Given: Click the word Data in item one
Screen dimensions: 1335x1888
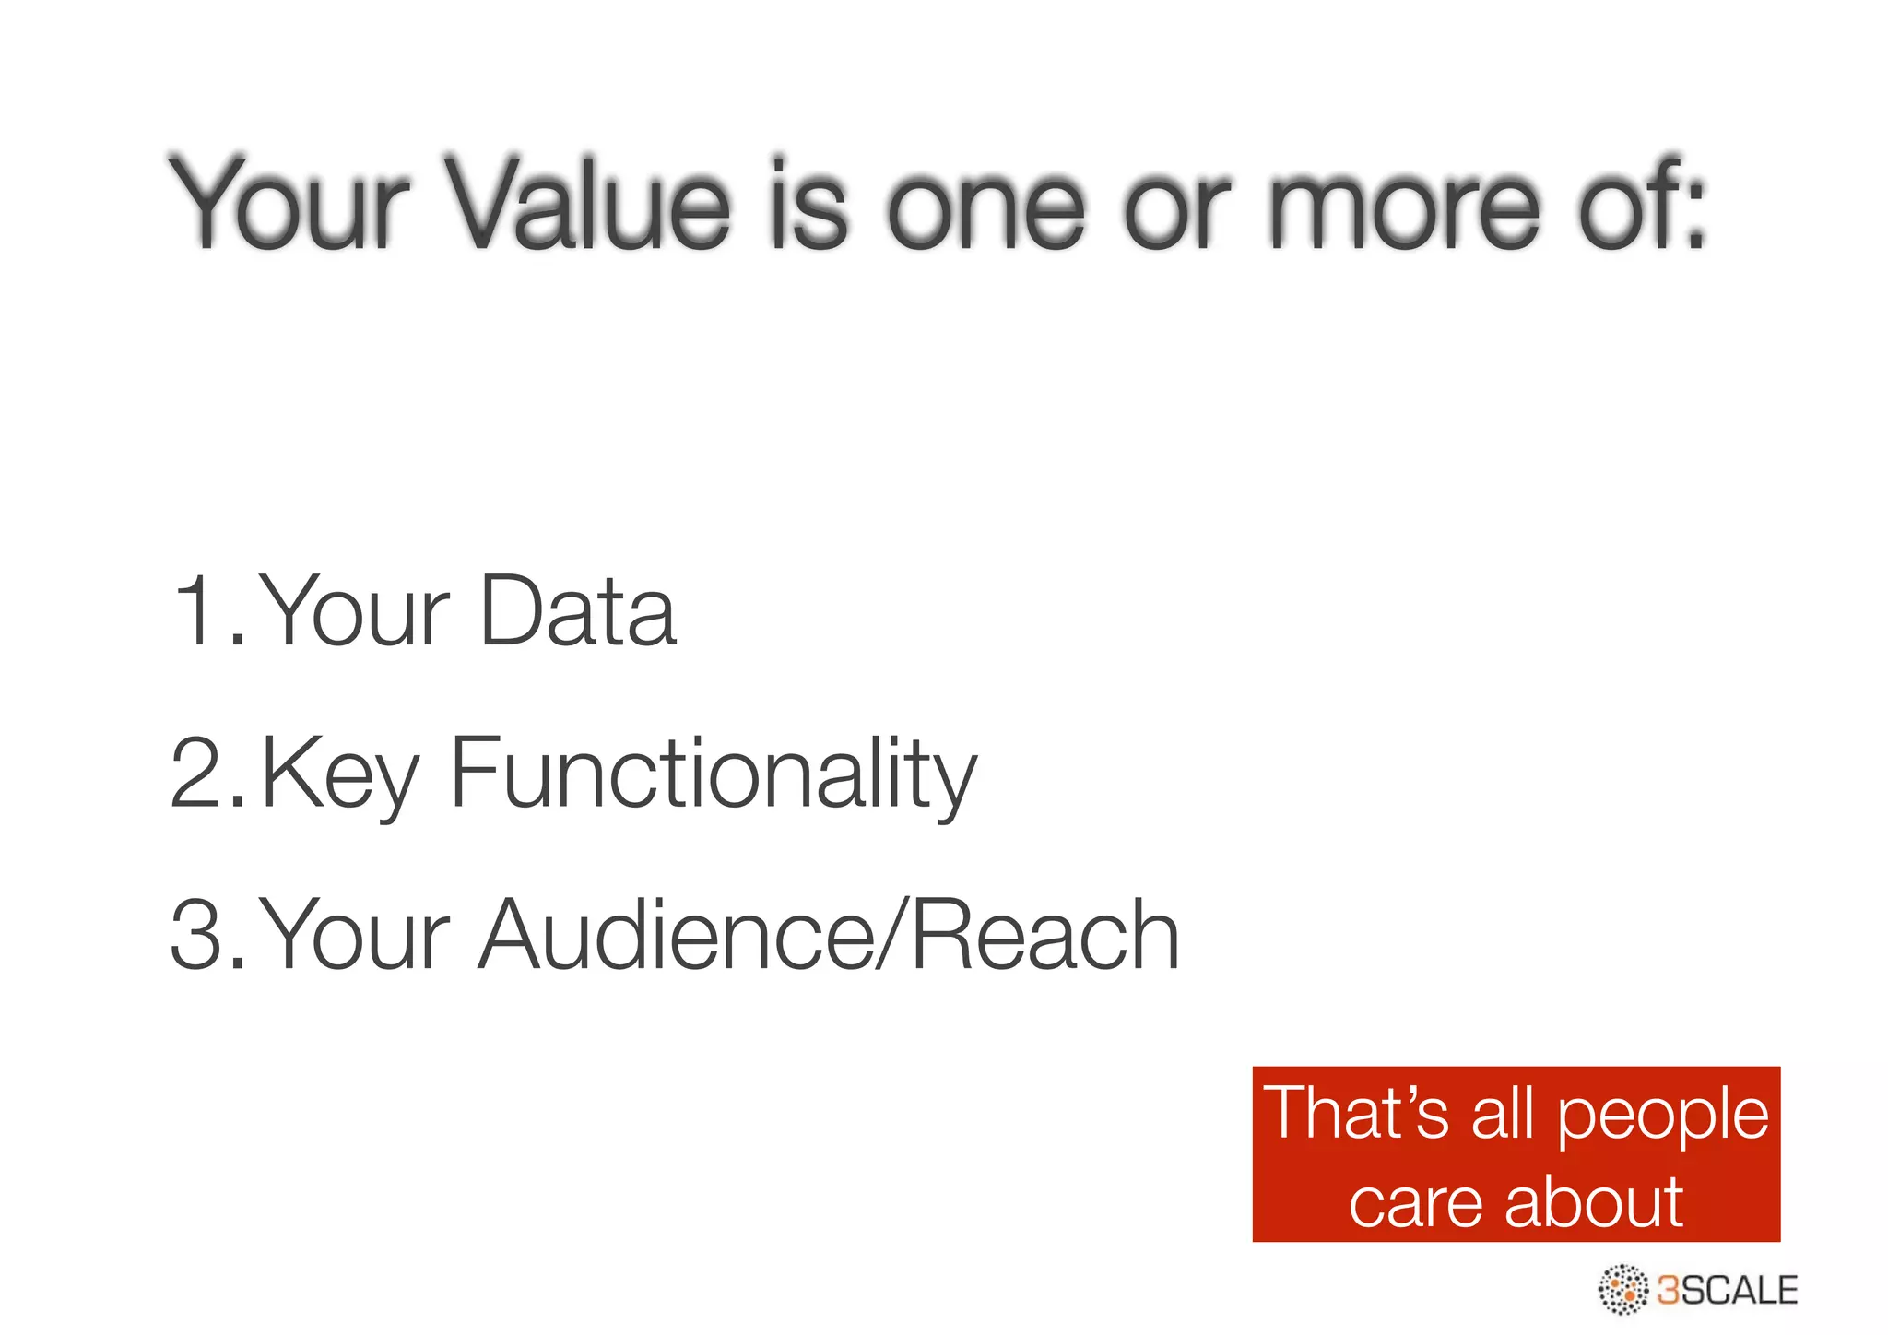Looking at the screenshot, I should coord(578,610).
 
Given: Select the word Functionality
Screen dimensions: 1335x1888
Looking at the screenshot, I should coord(712,774).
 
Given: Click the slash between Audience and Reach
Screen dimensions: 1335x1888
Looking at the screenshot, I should coord(891,935).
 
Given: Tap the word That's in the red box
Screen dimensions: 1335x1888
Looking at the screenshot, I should coord(1356,1113).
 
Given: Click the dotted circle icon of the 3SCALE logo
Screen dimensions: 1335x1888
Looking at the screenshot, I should coord(1623,1289).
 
